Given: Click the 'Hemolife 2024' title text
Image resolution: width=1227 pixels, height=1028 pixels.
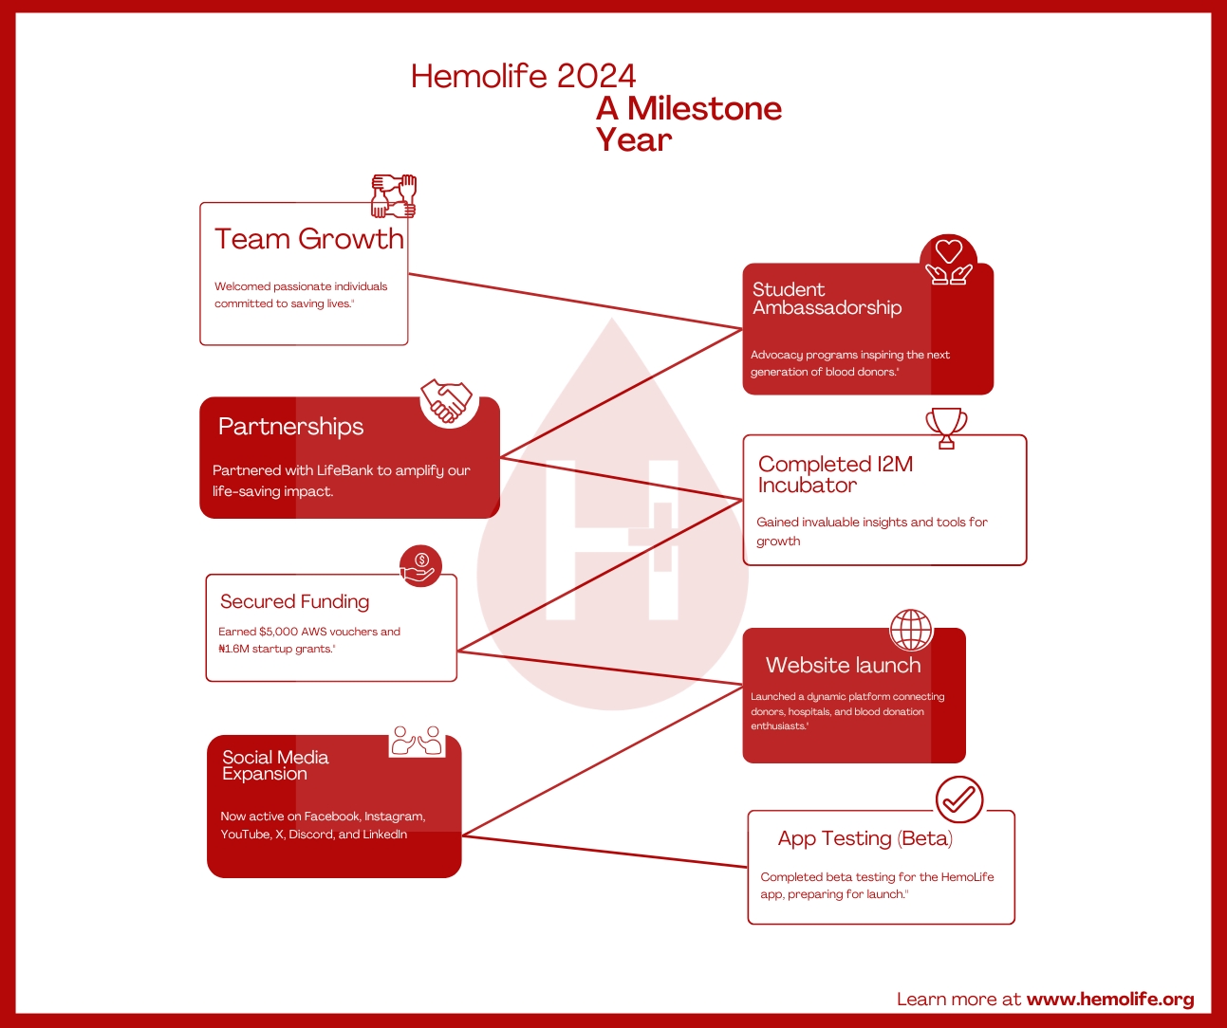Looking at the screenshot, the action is point(523,77).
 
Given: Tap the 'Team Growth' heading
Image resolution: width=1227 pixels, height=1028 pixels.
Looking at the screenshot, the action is point(309,239).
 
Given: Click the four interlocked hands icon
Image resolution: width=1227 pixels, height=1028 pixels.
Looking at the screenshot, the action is point(394,196).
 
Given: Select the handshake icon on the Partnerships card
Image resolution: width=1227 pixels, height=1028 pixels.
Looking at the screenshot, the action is point(447,400).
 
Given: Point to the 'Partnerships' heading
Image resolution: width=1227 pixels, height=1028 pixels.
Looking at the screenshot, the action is point(291,427).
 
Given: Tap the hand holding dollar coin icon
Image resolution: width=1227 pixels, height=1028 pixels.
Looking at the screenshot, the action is point(420,566).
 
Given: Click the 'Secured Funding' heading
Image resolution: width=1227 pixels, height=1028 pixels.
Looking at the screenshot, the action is point(294,601).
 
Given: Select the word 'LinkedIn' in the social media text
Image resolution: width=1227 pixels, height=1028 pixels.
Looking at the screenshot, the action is point(384,835).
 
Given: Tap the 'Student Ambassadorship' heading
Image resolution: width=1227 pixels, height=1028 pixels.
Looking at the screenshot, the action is point(827,299).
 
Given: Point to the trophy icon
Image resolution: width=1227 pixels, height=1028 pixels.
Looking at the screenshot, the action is point(946,428).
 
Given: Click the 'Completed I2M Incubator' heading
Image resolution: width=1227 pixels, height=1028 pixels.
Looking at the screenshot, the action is point(835,474).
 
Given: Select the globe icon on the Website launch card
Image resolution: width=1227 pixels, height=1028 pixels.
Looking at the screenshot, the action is point(911,630).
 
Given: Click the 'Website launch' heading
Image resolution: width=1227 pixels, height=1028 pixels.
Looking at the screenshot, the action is point(844,666).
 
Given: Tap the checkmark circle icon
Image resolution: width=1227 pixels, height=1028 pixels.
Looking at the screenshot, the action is point(959,799).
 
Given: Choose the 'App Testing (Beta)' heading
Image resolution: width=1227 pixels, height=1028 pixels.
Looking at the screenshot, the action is point(865,838).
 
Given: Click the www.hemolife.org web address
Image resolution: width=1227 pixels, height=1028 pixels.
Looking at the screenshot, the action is point(1110,1000).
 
